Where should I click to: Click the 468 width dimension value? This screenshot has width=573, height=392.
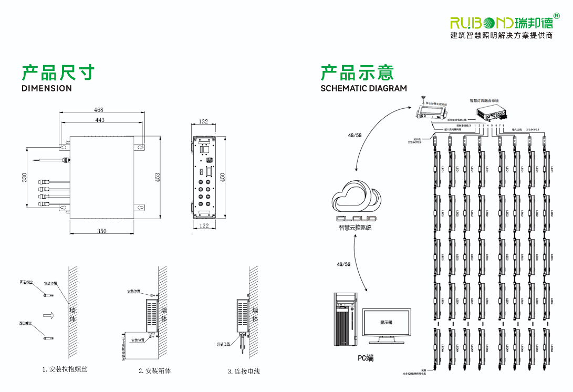click(99, 110)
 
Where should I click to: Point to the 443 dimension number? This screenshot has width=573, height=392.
click(100, 120)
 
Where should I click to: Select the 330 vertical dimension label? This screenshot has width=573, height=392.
click(24, 178)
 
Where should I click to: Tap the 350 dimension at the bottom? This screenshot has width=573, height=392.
click(101, 231)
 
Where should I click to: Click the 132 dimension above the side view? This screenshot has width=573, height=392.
click(204, 122)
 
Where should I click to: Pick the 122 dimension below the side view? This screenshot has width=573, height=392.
click(204, 226)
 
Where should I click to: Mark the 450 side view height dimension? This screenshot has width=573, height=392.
click(223, 177)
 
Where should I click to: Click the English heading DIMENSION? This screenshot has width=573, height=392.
click(47, 88)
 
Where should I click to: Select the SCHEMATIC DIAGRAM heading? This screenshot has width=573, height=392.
click(363, 88)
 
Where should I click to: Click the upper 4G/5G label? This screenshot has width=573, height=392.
click(355, 135)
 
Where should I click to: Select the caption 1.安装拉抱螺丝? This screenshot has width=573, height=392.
click(65, 369)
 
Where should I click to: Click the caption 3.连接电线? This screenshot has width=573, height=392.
click(244, 372)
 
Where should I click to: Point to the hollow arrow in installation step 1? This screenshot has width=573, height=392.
click(49, 315)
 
